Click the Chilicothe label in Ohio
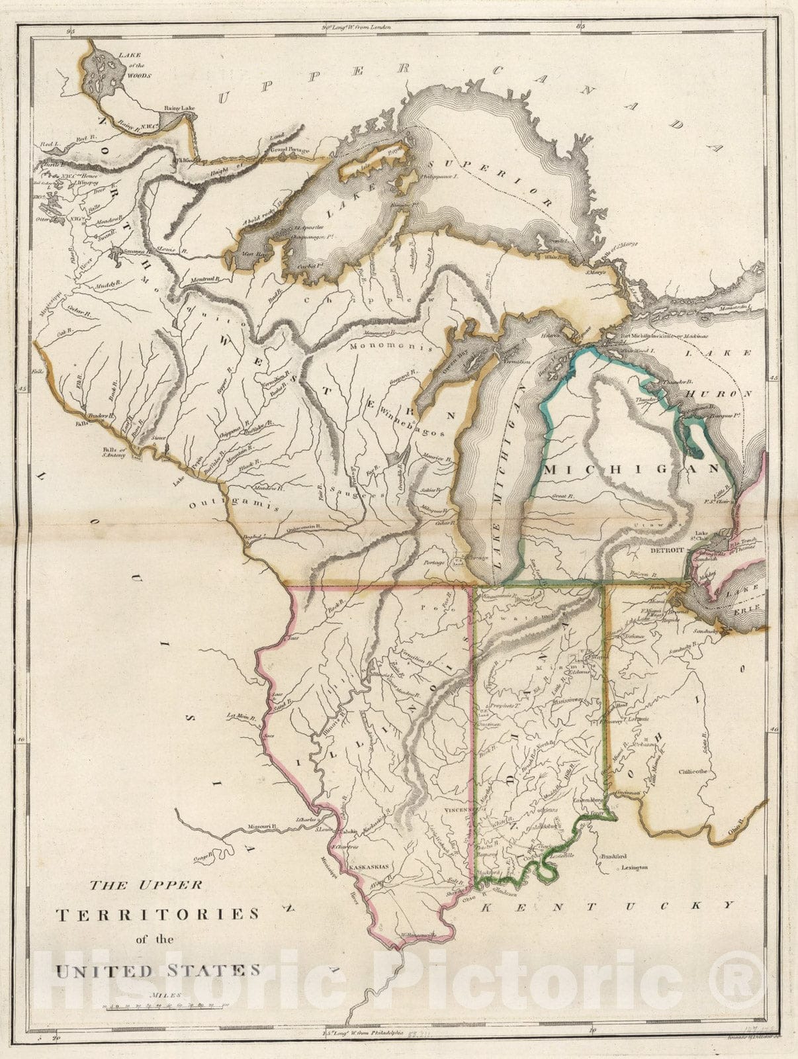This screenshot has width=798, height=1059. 692,771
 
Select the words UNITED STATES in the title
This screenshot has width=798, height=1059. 157,970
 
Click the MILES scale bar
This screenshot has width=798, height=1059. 165,1006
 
